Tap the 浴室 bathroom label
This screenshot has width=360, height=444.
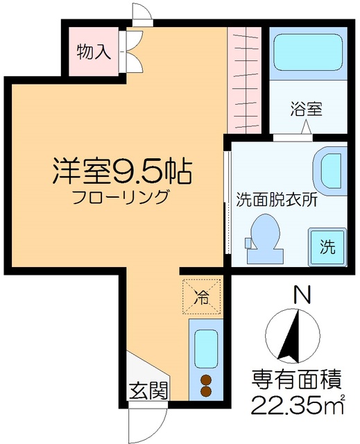point(305,109)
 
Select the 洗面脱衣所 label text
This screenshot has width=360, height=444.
point(276,198)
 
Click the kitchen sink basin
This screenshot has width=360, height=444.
point(205,349)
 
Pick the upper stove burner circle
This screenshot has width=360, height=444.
point(205,379)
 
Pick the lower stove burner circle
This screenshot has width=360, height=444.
point(205,391)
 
